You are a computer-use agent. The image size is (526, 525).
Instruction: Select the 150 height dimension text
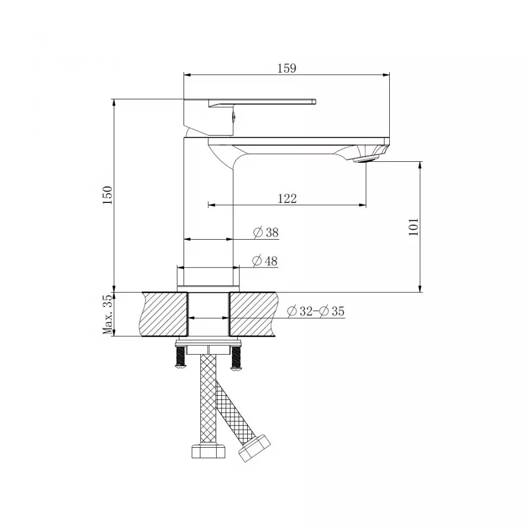(x=107, y=195)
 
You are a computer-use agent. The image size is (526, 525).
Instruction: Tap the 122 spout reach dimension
(x=287, y=198)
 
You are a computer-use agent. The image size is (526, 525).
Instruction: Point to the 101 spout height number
(x=414, y=226)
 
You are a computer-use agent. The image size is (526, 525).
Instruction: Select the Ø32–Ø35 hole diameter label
(x=316, y=311)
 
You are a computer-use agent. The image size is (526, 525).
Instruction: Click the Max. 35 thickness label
(x=107, y=314)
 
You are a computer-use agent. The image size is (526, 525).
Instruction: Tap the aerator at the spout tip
(x=368, y=157)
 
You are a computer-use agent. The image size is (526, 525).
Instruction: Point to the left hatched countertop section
(x=164, y=314)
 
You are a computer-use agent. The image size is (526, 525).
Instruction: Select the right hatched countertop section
(x=252, y=314)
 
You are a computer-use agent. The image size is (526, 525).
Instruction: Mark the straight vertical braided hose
(x=208, y=399)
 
